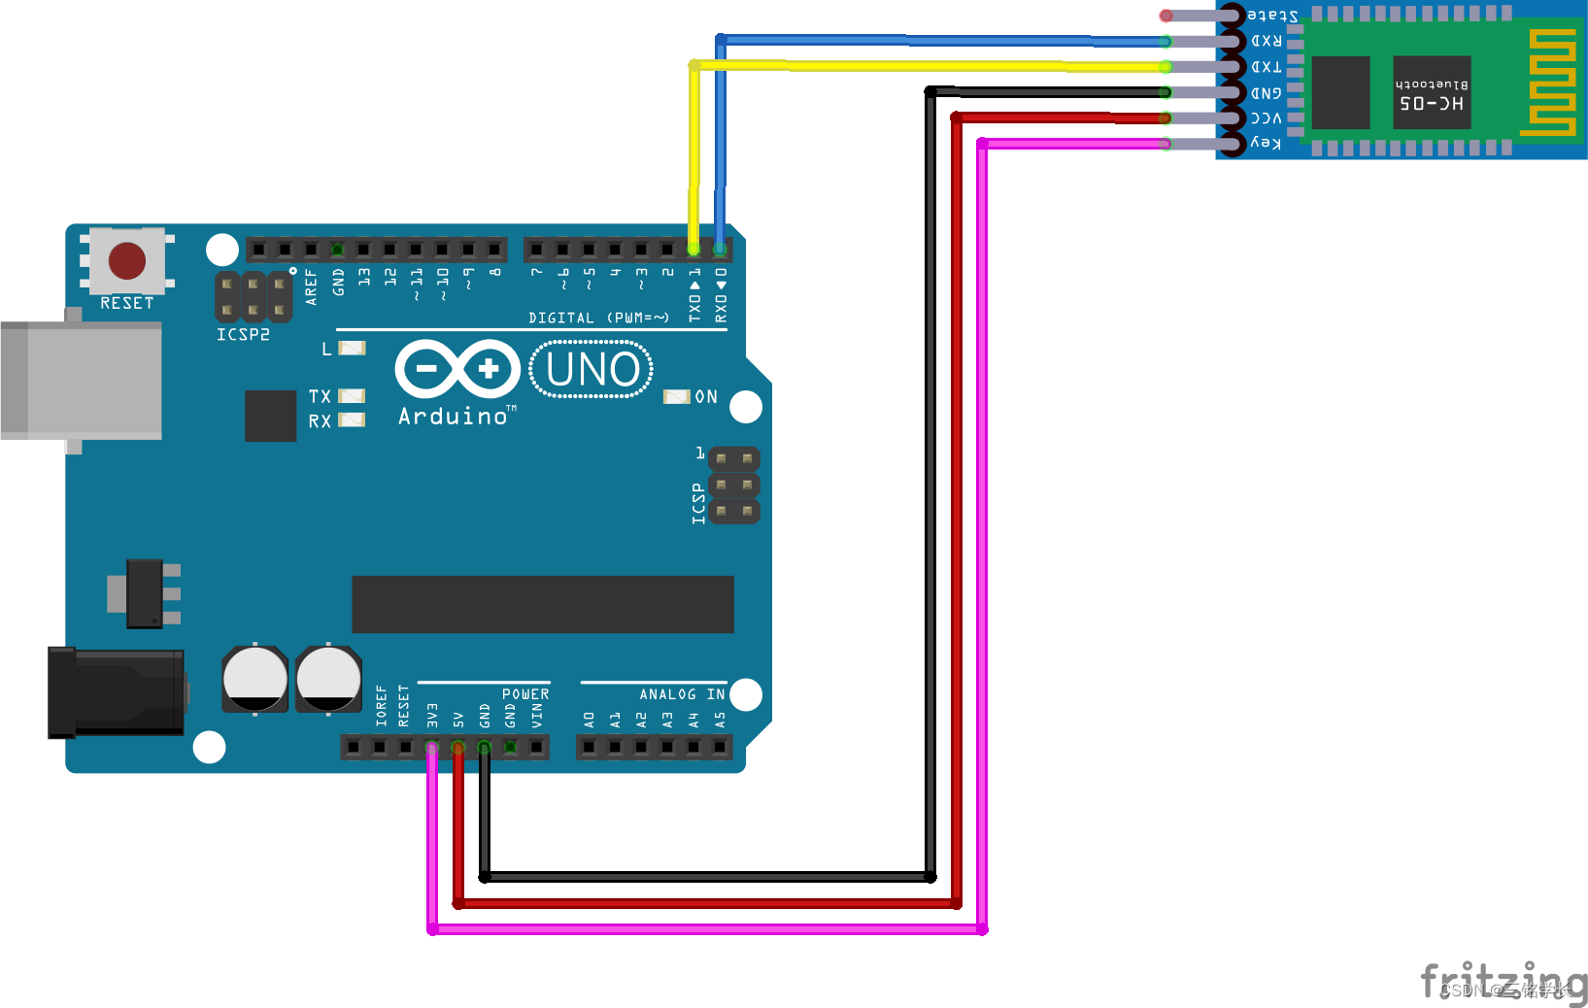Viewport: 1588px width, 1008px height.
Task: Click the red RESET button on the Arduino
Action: tap(127, 260)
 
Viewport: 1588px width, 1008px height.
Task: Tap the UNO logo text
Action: tap(592, 369)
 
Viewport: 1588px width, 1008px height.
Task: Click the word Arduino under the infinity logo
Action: tap(453, 417)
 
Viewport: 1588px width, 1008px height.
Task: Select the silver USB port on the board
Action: tap(82, 380)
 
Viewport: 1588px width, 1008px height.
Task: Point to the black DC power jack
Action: tap(117, 692)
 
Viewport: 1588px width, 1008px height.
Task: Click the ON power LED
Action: tap(676, 396)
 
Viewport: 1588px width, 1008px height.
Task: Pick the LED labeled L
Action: tap(352, 348)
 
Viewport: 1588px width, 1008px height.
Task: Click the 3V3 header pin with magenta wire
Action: tap(432, 747)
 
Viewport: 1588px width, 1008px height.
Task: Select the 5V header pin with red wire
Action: tap(458, 747)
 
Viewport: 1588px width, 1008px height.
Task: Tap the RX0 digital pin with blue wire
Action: tap(720, 250)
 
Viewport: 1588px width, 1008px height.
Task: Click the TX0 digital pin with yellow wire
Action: tap(693, 250)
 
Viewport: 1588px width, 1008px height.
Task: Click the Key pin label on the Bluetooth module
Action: tap(1266, 144)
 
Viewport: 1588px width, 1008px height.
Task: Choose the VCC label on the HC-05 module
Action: tap(1266, 118)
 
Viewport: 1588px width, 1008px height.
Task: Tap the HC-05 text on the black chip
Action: tap(1432, 103)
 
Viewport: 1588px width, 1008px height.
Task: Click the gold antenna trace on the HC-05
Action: tap(1551, 82)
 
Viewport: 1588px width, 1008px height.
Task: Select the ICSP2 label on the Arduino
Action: tap(243, 334)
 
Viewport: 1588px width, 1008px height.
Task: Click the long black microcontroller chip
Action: tap(542, 604)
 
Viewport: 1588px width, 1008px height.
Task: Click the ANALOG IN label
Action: tap(682, 694)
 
